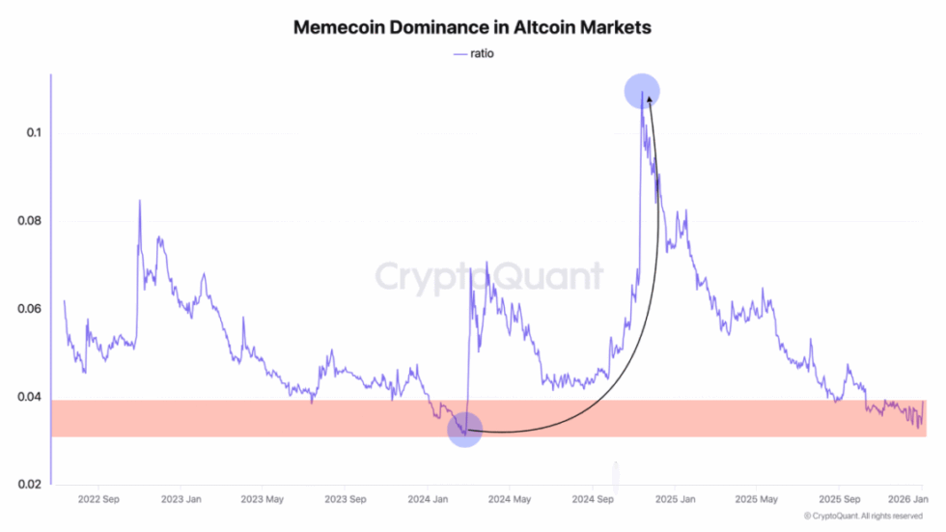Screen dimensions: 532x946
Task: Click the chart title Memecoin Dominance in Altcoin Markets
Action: point(472,27)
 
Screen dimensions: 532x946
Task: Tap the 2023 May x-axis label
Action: point(263,500)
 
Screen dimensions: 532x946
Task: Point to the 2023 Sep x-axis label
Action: point(345,500)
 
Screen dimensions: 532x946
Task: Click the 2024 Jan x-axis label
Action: point(428,500)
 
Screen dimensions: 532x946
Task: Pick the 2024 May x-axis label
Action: point(511,500)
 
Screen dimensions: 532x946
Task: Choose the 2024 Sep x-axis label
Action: point(593,500)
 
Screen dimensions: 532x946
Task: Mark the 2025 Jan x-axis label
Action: point(675,500)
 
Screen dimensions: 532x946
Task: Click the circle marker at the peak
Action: point(642,92)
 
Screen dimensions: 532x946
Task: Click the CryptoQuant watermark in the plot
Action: point(488,276)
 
